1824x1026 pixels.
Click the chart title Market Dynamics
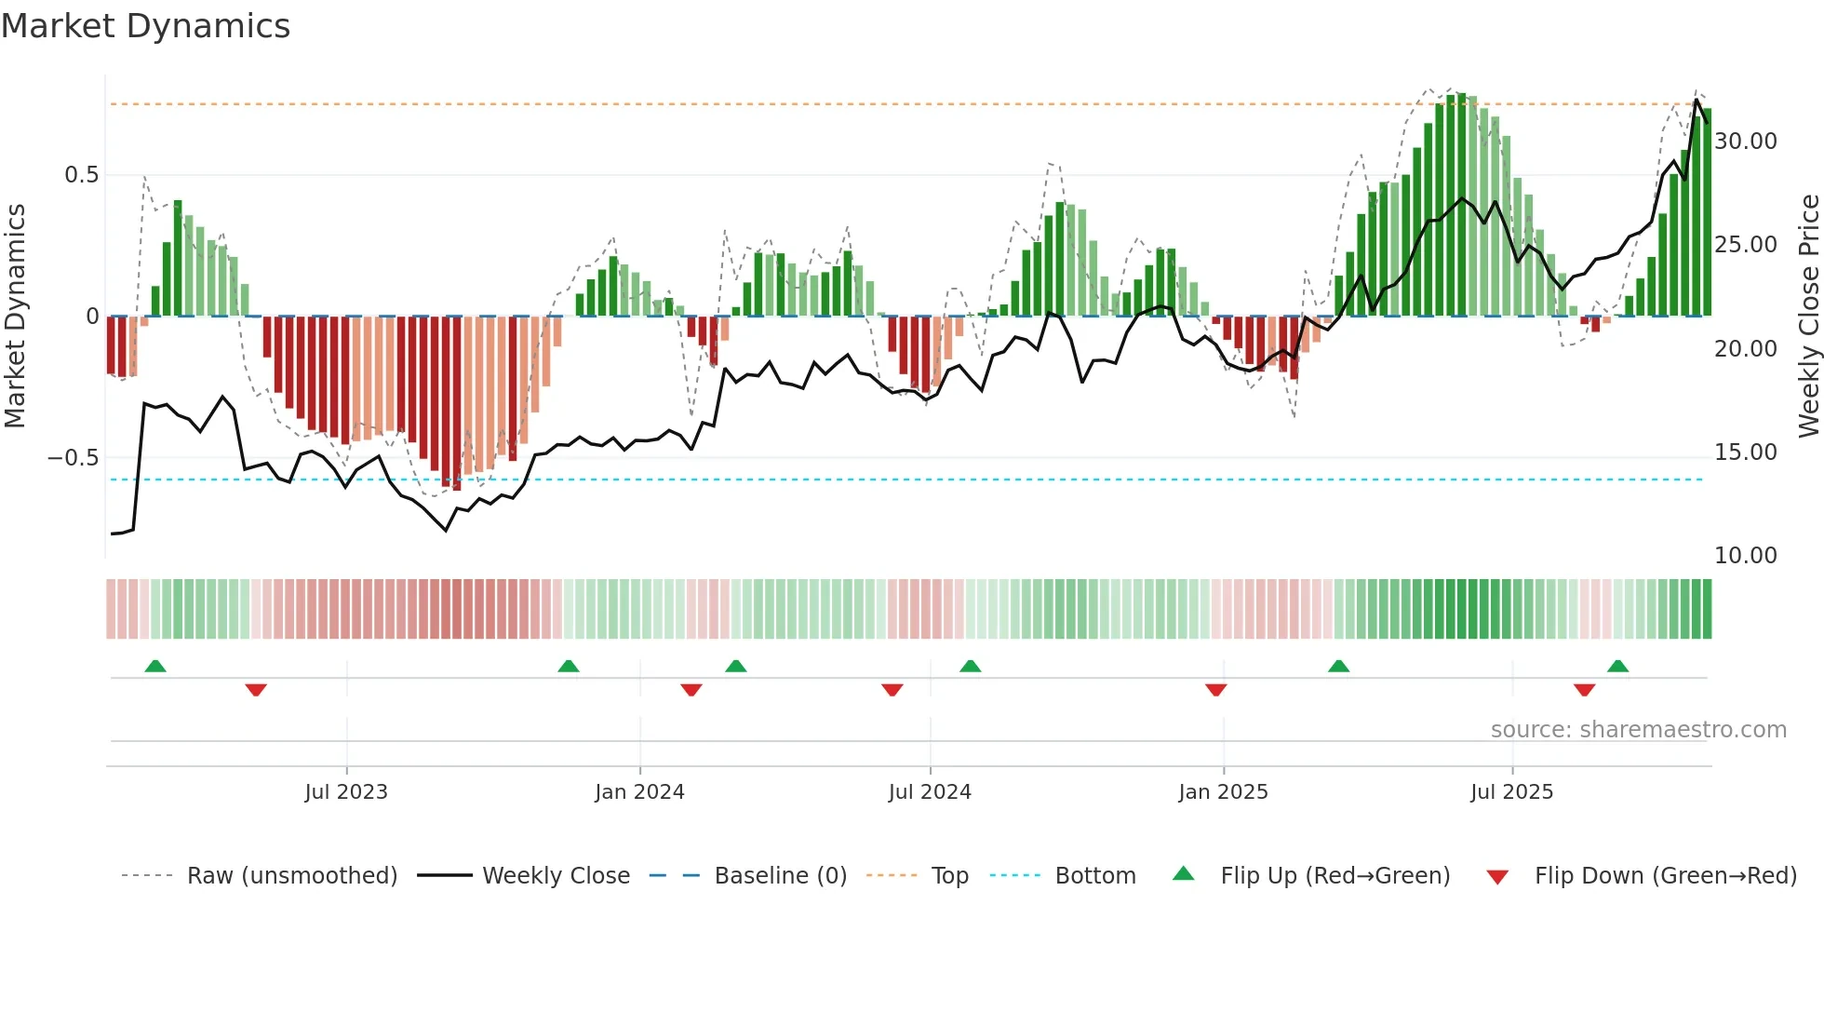[x=145, y=26]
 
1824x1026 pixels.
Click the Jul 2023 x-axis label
[x=346, y=792]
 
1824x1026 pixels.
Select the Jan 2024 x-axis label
[x=639, y=792]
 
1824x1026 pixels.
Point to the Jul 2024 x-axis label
[x=930, y=792]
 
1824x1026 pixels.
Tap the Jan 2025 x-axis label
[x=1223, y=792]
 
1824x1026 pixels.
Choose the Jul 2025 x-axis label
[x=1512, y=792]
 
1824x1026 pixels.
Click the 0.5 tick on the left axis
[x=81, y=175]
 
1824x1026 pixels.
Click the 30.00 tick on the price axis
[x=1746, y=142]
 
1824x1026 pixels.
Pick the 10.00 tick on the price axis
[x=1746, y=556]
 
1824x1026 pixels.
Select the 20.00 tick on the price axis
[x=1746, y=349]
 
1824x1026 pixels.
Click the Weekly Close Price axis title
[x=1808, y=317]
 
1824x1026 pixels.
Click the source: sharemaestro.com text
[x=1638, y=730]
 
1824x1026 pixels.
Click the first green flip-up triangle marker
[x=155, y=667]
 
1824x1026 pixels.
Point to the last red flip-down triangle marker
[x=1584, y=690]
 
